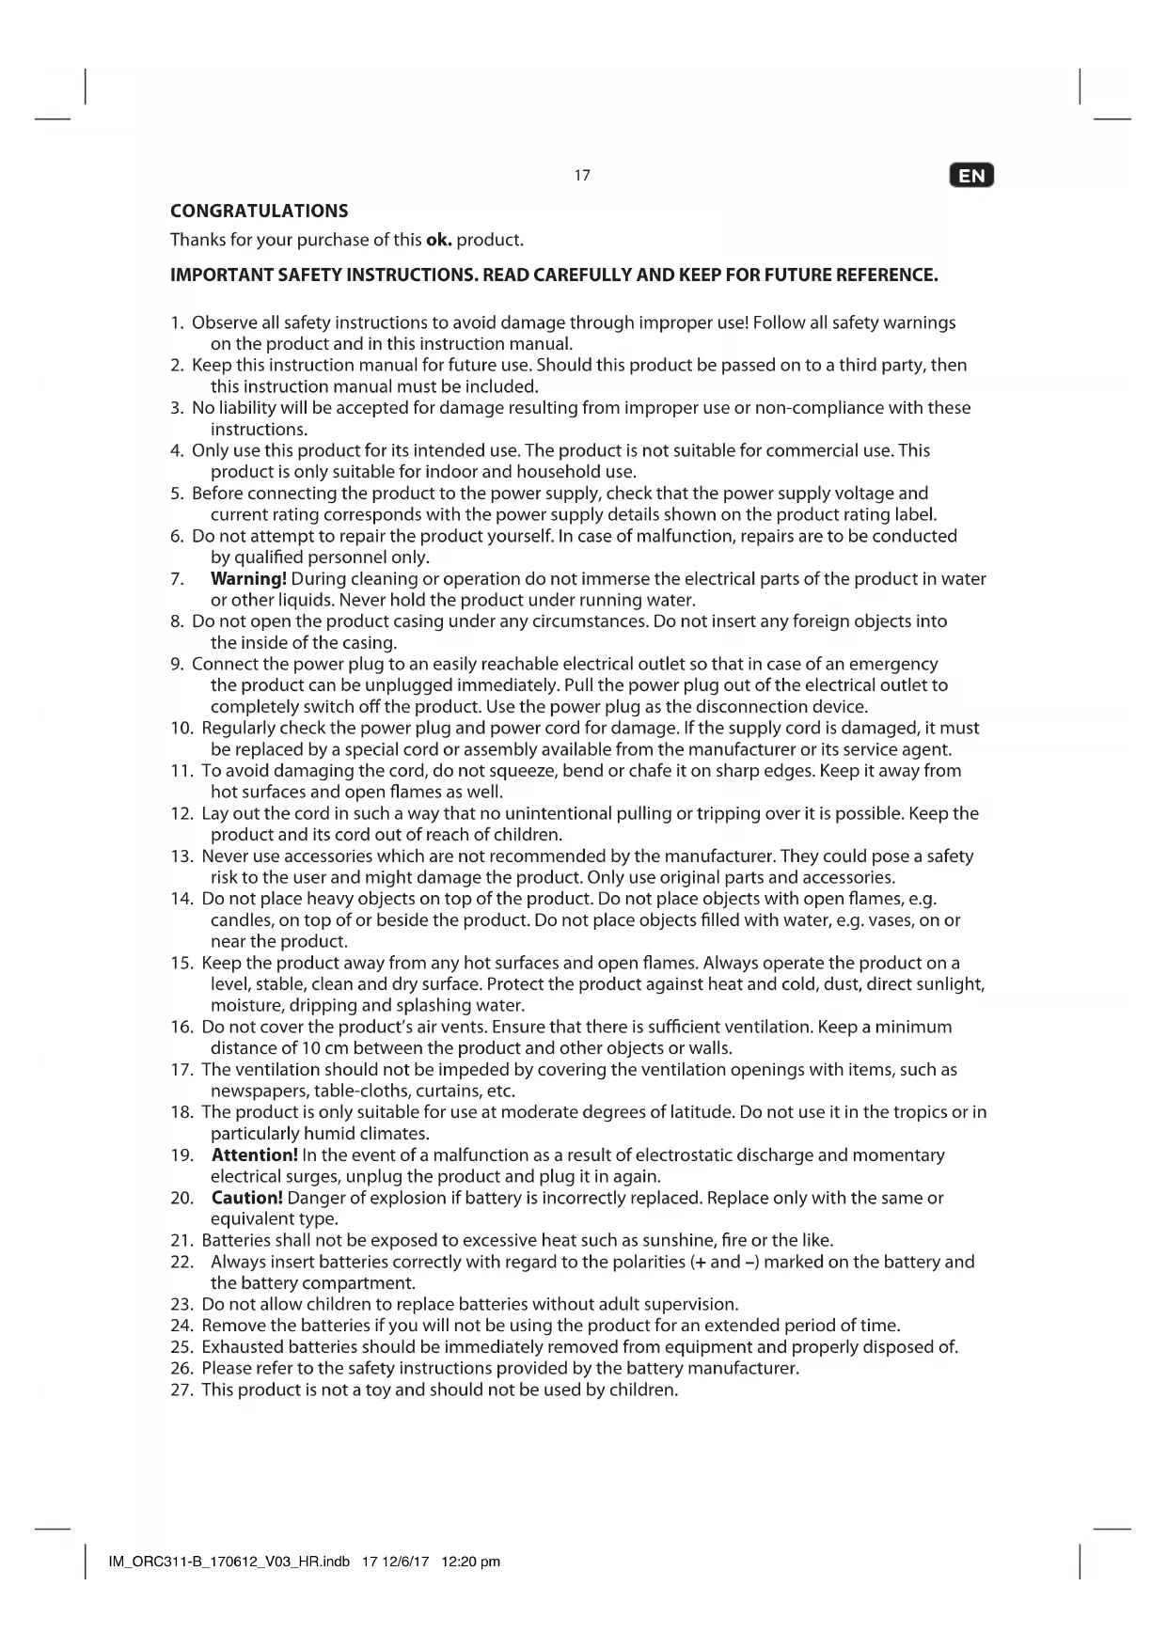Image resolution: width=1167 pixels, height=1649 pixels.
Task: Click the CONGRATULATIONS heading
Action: (x=259, y=211)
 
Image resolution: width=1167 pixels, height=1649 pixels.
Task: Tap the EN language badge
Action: (x=971, y=176)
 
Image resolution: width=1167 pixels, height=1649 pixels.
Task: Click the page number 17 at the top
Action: (x=582, y=175)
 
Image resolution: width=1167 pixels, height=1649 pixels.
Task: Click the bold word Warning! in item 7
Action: (x=248, y=578)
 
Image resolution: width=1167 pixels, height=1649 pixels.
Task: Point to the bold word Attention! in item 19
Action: (x=255, y=1154)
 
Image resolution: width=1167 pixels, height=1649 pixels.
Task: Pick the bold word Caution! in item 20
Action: (x=247, y=1198)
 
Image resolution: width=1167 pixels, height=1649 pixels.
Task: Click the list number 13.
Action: (x=181, y=856)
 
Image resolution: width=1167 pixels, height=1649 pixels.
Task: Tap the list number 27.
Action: (x=181, y=1390)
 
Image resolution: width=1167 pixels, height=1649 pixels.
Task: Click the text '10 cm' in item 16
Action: (x=323, y=1048)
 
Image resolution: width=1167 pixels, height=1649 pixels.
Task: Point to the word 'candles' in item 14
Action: (x=241, y=920)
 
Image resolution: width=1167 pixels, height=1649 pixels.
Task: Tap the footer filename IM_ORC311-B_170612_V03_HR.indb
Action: (x=229, y=1563)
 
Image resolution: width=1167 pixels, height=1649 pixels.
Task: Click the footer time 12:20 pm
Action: (x=470, y=1563)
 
